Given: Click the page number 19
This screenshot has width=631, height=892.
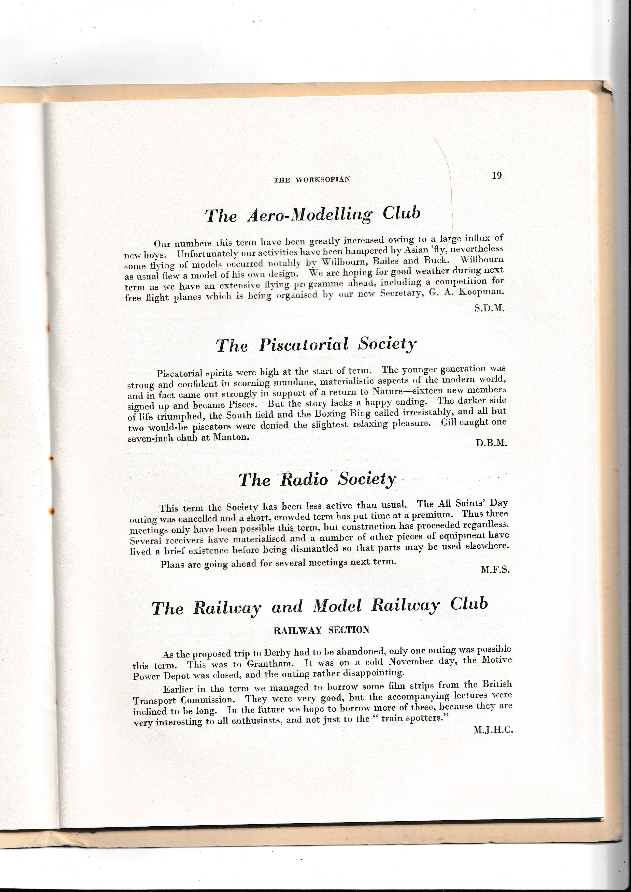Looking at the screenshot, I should click(x=497, y=175).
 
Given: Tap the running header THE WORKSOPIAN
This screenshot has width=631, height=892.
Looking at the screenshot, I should click(x=312, y=180).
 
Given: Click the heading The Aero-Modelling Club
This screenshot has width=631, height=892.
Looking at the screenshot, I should click(x=312, y=214).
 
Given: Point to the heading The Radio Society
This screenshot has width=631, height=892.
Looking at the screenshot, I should click(x=317, y=479).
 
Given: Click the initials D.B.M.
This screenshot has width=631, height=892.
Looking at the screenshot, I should click(x=491, y=443).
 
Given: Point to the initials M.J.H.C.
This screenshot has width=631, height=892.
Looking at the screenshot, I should click(x=493, y=730).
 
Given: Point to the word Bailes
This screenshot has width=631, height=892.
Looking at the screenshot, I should click(x=385, y=261).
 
